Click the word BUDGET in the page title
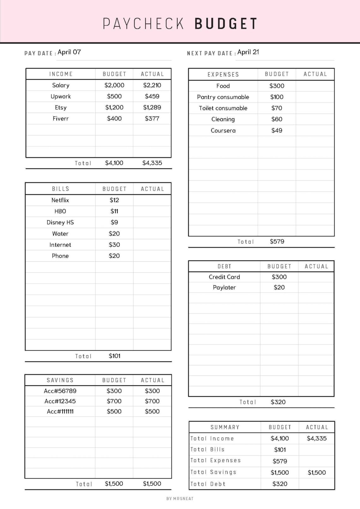pos(226,24)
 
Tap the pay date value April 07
pos(69,52)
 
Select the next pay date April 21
pos(248,52)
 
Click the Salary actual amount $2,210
pos(152,85)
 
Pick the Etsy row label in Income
pos(61,108)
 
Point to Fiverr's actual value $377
pos(152,119)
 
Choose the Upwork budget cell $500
pos(114,96)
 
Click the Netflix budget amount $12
pos(114,200)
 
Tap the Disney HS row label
pos(60,223)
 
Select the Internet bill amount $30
pos(114,245)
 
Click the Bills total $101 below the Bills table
pos(115,356)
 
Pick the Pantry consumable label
pos(223,97)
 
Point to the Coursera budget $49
pos(277,130)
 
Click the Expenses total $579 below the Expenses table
pos(277,242)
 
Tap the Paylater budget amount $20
pos(279,287)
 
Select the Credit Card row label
pos(224,277)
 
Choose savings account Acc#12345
pos(60,401)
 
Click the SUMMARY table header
pos(225,427)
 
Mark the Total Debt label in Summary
pos(208,484)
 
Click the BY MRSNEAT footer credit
pos(180,499)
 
